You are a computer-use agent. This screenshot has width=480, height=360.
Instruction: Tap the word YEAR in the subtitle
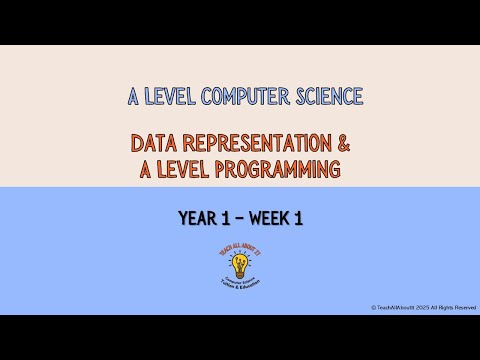pyautogui.click(x=199, y=218)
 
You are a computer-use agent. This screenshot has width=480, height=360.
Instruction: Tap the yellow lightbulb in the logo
pyautogui.click(x=239, y=265)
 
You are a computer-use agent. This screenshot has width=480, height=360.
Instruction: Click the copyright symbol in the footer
pyautogui.click(x=372, y=307)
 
